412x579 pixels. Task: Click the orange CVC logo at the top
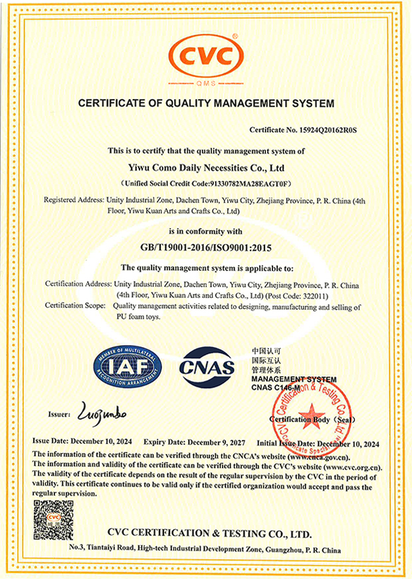click(206, 54)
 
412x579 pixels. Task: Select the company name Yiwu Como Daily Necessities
click(206, 168)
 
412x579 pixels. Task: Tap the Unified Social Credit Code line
click(206, 183)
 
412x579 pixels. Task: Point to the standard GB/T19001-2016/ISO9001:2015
click(206, 247)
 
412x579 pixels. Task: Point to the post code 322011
click(312, 294)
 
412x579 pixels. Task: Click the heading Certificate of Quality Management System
click(206, 104)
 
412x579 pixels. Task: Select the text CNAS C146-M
click(278, 388)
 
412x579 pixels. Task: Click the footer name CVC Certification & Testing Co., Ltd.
click(208, 534)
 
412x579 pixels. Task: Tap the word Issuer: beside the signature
click(59, 414)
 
